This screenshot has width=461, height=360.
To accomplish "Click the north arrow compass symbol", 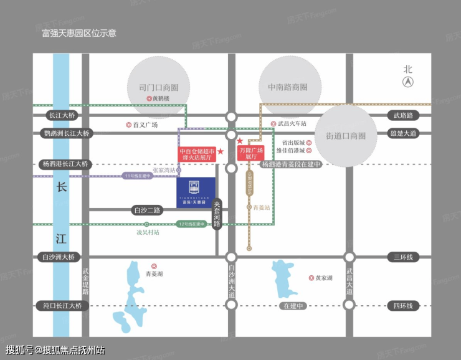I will (407, 82).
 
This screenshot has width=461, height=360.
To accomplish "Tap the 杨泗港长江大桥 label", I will (65, 164).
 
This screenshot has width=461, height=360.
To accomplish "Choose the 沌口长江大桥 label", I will (62, 306).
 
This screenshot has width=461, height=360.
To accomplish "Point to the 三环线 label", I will (403, 257).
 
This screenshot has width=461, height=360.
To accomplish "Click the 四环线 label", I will (403, 306).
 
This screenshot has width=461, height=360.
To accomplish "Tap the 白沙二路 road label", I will (148, 210).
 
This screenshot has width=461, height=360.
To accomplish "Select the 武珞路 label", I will (403, 115).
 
